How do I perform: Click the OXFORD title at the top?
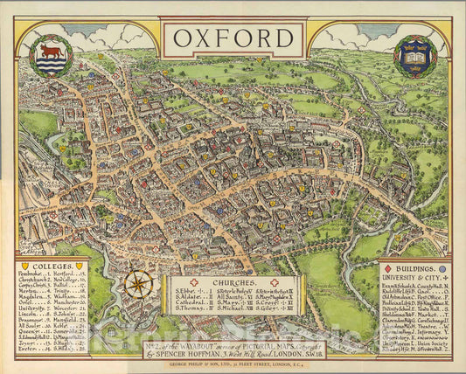tap(233, 38)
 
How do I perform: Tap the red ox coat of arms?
tap(52, 55)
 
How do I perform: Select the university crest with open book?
tap(415, 57)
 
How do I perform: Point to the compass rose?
tap(137, 285)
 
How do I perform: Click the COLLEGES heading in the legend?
tap(52, 266)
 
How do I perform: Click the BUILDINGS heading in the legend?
tap(414, 269)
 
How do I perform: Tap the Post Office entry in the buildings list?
tap(434, 298)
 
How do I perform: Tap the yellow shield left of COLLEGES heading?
tap(24, 266)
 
